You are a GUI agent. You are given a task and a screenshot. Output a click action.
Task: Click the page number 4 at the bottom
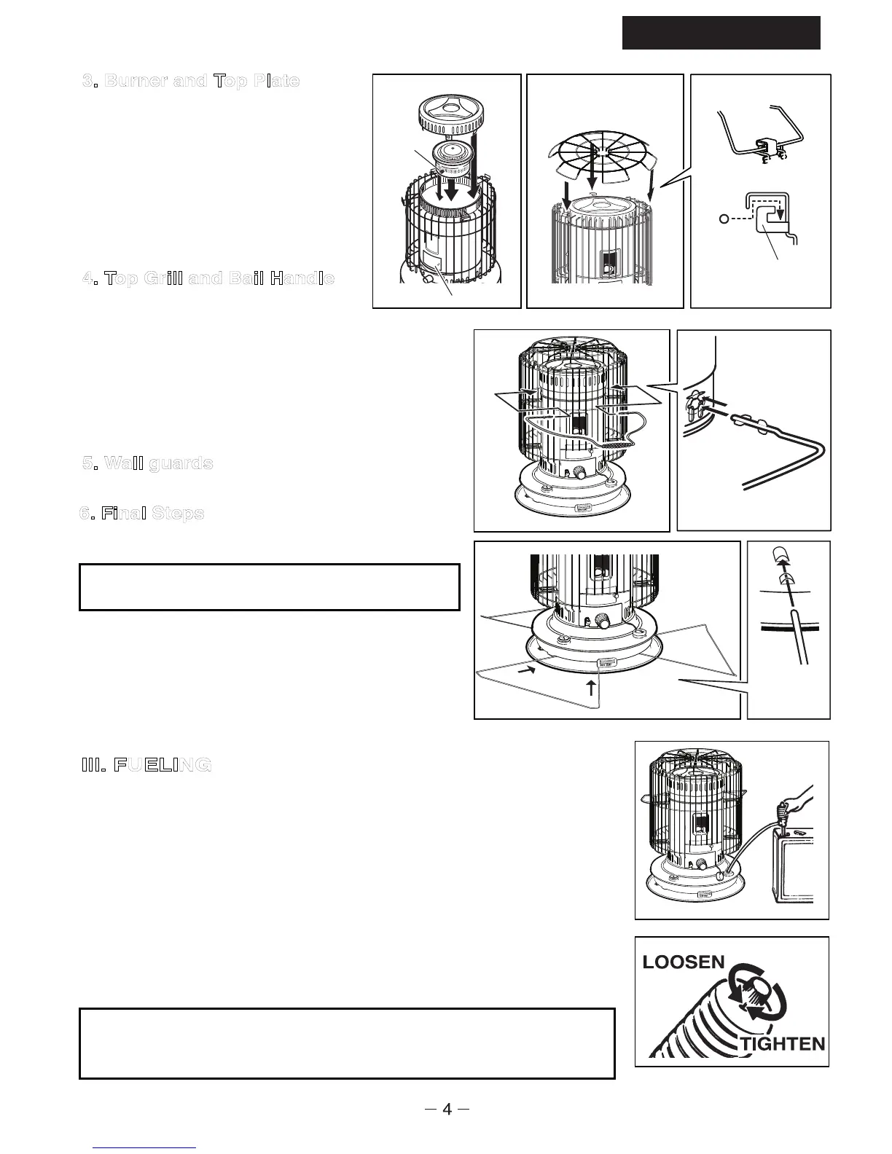point(447,1110)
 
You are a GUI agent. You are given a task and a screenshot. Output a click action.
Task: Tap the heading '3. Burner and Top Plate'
point(191,81)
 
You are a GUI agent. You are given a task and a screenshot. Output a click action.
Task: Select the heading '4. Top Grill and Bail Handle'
point(208,278)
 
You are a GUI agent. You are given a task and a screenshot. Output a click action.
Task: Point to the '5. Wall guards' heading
point(148,463)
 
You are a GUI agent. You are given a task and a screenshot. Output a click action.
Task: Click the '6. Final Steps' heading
point(142,514)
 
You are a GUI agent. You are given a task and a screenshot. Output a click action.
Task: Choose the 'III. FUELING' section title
point(146,765)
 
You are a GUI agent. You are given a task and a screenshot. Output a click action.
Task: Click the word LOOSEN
point(684,962)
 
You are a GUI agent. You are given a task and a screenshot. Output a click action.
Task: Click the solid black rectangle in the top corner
point(721,33)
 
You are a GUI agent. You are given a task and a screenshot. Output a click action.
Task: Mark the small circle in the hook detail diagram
point(723,219)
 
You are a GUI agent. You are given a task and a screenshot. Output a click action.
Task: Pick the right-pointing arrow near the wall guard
point(524,675)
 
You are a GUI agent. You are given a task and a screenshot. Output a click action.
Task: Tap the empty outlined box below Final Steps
point(269,586)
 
